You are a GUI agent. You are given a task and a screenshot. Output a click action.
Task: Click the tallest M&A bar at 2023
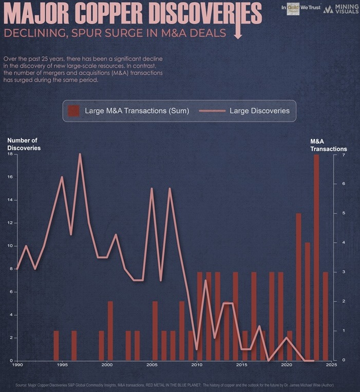pos(316,257)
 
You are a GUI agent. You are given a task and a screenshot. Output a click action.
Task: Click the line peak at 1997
pos(80,154)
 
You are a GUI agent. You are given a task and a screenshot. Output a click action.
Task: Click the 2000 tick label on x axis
pos(107,365)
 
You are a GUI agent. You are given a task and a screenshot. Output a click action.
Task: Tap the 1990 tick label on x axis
pos(17,365)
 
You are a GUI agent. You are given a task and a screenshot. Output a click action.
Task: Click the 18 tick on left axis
pos(10,154)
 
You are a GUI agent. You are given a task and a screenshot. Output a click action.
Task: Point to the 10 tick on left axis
pos(10,246)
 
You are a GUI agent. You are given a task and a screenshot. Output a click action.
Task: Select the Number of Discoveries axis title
pos(24,144)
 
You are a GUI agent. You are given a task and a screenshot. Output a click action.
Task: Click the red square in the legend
pos(74,110)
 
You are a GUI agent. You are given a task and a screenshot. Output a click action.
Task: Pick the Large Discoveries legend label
pos(259,110)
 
